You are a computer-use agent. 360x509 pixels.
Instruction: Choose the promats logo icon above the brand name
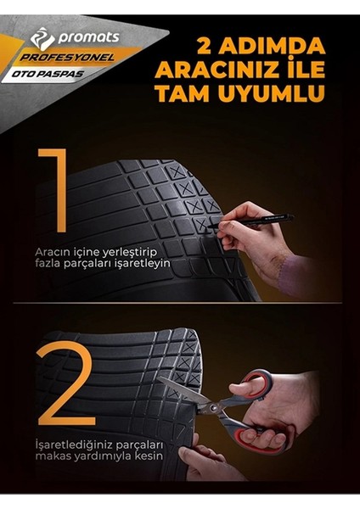[42, 38]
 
